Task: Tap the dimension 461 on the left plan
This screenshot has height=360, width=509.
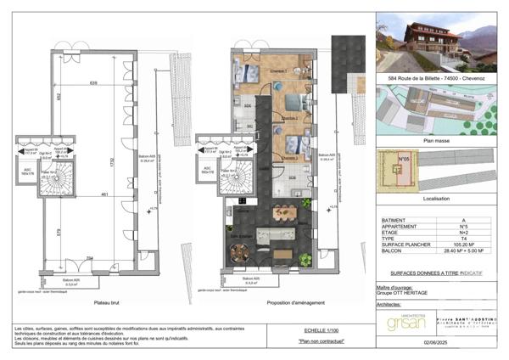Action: (103, 196)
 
